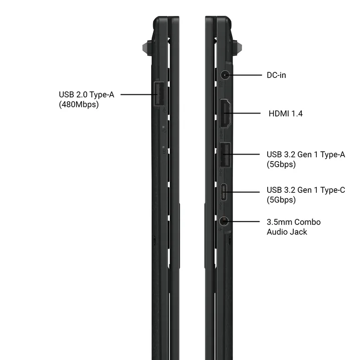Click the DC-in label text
tap(276, 75)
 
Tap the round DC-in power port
tap(225, 75)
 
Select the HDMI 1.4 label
tap(286, 113)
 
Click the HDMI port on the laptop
tap(225, 113)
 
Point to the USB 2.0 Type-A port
tap(159, 94)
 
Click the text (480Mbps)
tap(79, 104)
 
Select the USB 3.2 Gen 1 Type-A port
tap(225, 155)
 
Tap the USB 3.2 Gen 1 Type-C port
tap(223, 192)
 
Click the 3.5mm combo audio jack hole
tap(223, 221)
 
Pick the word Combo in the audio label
tap(307, 222)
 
